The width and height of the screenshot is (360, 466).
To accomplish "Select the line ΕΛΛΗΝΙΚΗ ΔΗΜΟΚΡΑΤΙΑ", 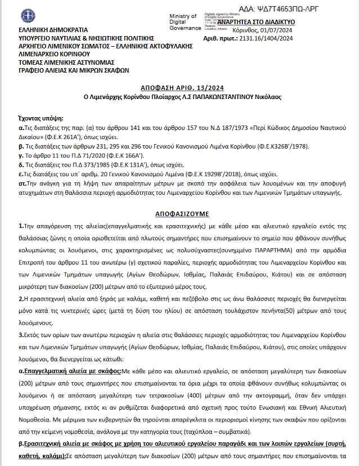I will click(53, 29).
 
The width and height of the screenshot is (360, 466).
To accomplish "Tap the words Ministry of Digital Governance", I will click(184, 22).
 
